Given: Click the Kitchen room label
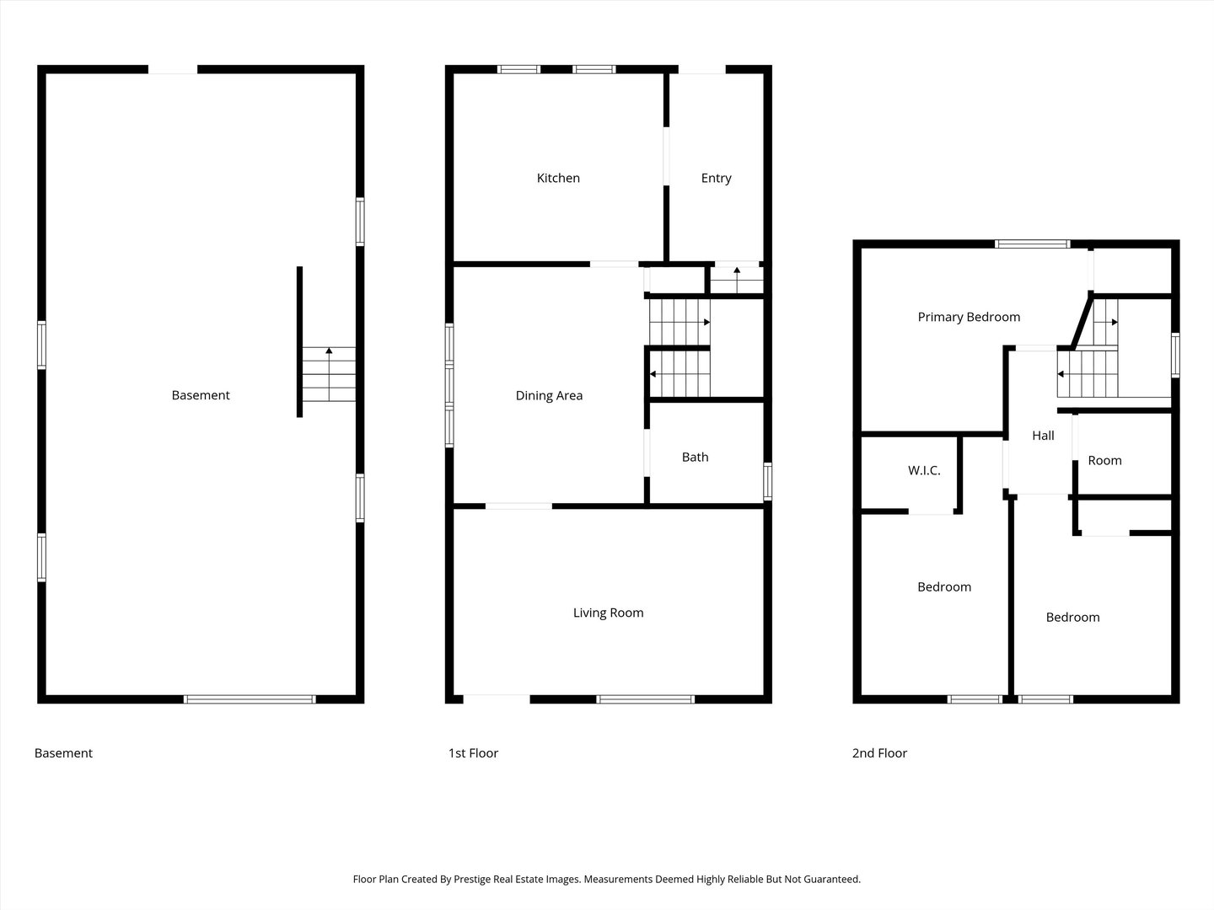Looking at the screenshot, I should tap(558, 178).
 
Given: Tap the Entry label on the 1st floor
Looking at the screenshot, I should tap(716, 178).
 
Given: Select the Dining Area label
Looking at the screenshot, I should tap(549, 395).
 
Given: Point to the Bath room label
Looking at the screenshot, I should tap(695, 457).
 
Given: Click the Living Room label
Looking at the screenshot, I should tap(608, 613).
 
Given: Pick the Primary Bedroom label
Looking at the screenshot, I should tap(969, 317).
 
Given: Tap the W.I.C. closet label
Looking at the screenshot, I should tap(924, 470).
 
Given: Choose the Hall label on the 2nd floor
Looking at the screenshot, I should tap(1043, 436).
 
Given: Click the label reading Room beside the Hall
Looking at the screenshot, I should tap(1104, 460).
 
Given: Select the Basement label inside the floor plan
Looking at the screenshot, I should tap(201, 395).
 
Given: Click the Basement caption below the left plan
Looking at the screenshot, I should tap(63, 753).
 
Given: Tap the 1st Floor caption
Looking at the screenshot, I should tap(473, 753).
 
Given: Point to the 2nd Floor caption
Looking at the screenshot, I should tap(879, 753).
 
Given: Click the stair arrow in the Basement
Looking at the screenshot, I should tap(329, 350).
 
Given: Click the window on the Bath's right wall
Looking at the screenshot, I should tap(767, 481).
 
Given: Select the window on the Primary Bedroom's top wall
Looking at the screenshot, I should tap(1032, 244).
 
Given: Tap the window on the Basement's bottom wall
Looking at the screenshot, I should tap(250, 699).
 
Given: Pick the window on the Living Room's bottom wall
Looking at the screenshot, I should tap(646, 699).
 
